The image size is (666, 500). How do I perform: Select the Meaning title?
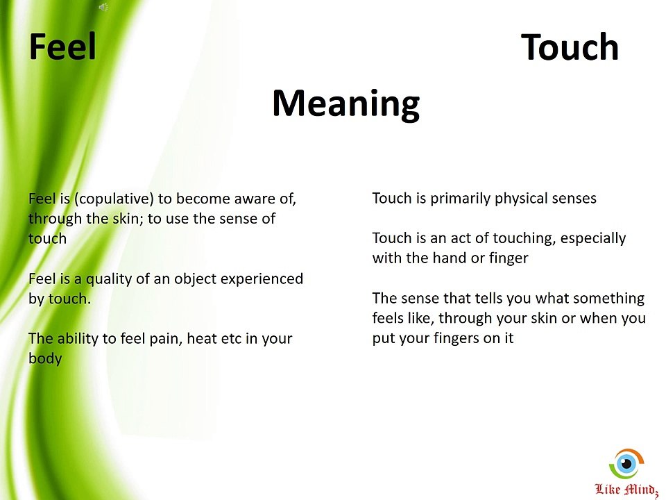pyautogui.click(x=345, y=103)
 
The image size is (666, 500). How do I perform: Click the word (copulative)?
pyautogui.click(x=112, y=199)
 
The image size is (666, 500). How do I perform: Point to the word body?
pyautogui.click(x=45, y=359)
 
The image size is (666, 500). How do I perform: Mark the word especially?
pyautogui.click(x=593, y=238)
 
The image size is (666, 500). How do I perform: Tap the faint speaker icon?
pyautogui.click(x=103, y=7)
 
